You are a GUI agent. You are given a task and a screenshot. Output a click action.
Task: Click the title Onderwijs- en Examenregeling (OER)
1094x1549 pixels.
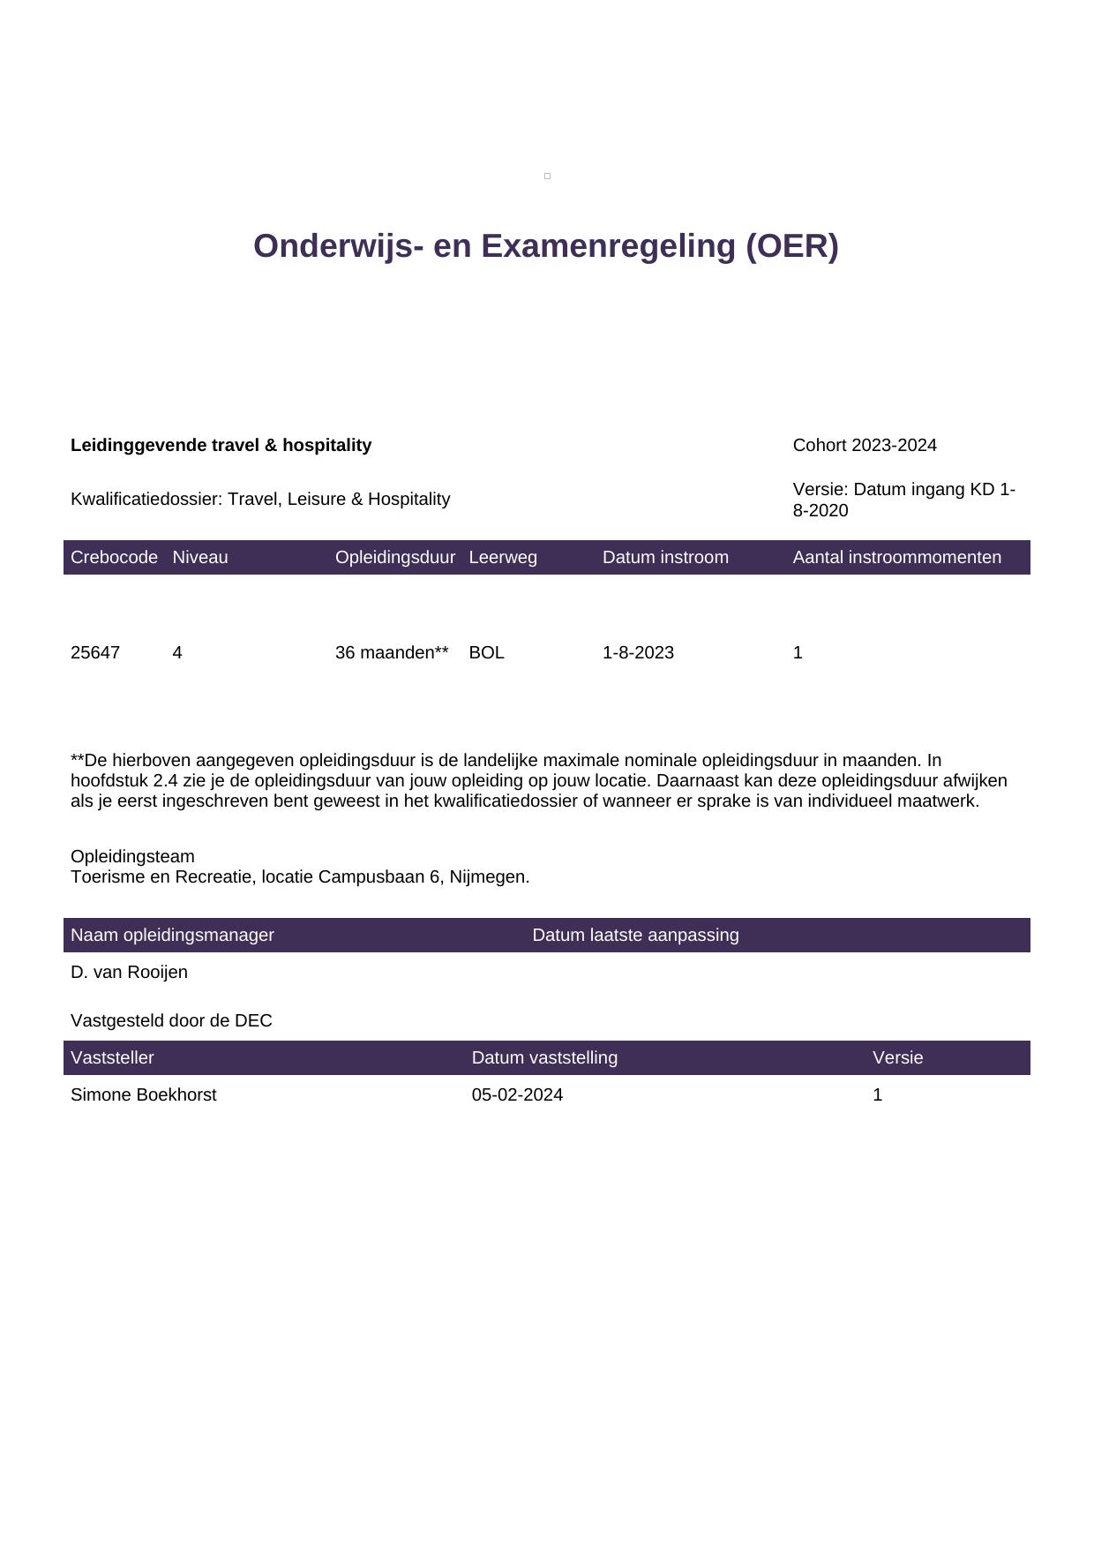click(x=545, y=246)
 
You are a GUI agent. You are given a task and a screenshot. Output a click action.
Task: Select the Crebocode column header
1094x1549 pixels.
click(x=114, y=558)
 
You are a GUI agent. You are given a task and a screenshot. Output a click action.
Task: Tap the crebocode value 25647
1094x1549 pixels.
click(x=95, y=653)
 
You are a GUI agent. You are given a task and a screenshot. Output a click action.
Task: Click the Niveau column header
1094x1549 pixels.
click(x=200, y=558)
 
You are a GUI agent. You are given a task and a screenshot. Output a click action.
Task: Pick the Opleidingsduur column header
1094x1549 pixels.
click(x=395, y=558)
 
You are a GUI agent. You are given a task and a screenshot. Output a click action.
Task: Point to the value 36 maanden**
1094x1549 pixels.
click(x=392, y=653)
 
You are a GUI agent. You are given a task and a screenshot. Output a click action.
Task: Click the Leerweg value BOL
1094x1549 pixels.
click(x=486, y=653)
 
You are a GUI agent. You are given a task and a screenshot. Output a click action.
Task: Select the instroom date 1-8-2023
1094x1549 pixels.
click(x=638, y=653)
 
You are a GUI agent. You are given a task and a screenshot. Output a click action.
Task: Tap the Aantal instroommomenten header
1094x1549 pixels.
click(x=896, y=558)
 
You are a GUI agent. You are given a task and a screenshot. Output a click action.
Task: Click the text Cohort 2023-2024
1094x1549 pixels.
click(x=865, y=446)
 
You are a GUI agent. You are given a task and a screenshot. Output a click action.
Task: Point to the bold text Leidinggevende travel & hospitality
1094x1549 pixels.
click(x=221, y=446)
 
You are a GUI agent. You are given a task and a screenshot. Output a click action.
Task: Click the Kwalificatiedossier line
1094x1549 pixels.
click(x=260, y=500)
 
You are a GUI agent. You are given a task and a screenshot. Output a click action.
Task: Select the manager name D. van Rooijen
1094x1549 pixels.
click(x=129, y=973)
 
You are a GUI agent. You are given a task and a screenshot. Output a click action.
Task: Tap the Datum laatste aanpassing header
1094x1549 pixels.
click(x=635, y=936)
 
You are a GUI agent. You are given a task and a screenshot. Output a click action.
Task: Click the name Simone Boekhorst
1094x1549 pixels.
click(x=144, y=1095)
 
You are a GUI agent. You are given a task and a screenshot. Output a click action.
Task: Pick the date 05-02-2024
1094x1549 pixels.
click(x=517, y=1095)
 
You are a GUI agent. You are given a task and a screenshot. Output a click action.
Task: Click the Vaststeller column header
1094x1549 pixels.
click(x=112, y=1058)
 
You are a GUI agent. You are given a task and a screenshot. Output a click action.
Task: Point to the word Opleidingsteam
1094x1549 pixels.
click(x=132, y=857)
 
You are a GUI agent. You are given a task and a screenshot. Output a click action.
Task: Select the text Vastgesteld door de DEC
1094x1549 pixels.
click(x=171, y=1021)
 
